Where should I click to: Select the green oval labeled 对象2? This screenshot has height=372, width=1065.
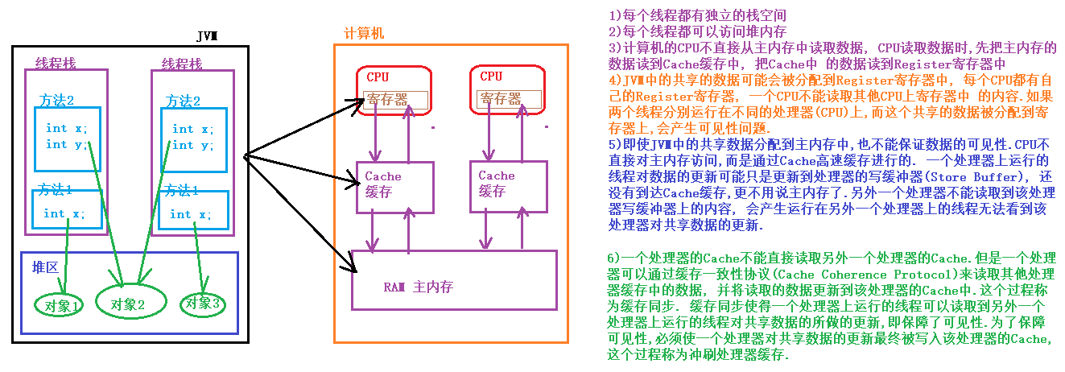click(x=130, y=304)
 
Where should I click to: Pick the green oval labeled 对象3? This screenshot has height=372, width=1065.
click(x=202, y=304)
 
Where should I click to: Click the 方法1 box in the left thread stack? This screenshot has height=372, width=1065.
click(x=68, y=207)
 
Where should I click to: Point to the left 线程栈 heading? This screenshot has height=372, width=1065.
click(x=56, y=63)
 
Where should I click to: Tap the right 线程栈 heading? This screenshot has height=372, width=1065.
click(x=182, y=63)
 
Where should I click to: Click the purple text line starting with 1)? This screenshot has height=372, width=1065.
click(x=696, y=15)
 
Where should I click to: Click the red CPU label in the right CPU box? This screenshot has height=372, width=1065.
click(x=491, y=76)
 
